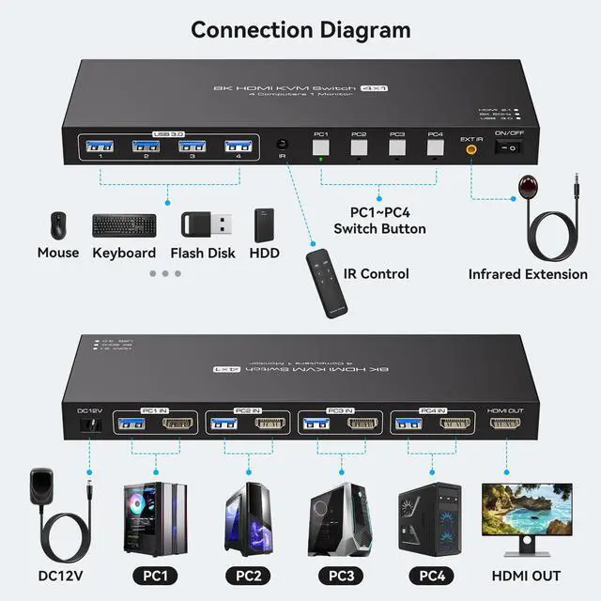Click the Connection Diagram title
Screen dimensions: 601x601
pos(300,29)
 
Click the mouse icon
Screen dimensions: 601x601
pos(58,225)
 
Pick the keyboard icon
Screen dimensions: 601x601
pos(124,225)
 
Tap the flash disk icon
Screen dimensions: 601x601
pos(207,224)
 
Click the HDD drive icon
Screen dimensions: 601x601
pos(264,224)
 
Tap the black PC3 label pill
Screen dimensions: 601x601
pos(336,575)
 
